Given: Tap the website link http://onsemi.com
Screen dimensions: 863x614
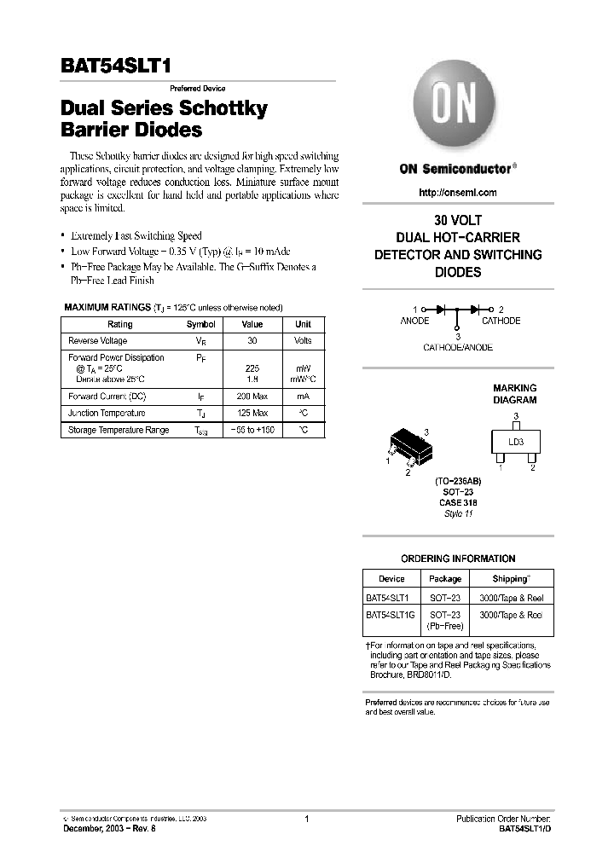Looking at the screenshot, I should click(x=457, y=193).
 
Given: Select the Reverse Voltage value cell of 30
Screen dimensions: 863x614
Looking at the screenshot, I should click(x=252, y=341).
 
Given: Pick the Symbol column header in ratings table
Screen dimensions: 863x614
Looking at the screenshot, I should click(x=201, y=324).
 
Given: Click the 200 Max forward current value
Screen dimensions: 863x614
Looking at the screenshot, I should click(x=252, y=397).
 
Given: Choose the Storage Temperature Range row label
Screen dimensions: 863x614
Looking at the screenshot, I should click(x=119, y=431).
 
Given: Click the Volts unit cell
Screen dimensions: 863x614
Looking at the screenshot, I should click(x=303, y=341).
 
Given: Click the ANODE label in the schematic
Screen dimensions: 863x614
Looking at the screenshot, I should click(x=414, y=321).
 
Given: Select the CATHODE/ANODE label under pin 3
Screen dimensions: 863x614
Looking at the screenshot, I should click(x=457, y=348).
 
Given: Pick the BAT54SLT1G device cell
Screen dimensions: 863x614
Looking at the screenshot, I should click(x=390, y=614).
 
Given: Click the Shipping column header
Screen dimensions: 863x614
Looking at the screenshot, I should click(x=511, y=579).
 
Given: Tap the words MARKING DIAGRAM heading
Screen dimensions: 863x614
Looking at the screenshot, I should click(x=515, y=394).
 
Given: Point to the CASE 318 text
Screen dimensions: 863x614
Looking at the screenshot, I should click(x=457, y=504).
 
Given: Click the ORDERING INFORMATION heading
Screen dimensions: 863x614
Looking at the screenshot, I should click(x=457, y=559).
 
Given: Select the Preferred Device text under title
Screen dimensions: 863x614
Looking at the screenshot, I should click(x=197, y=89).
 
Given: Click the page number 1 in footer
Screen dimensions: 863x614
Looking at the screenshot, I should click(x=306, y=819).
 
